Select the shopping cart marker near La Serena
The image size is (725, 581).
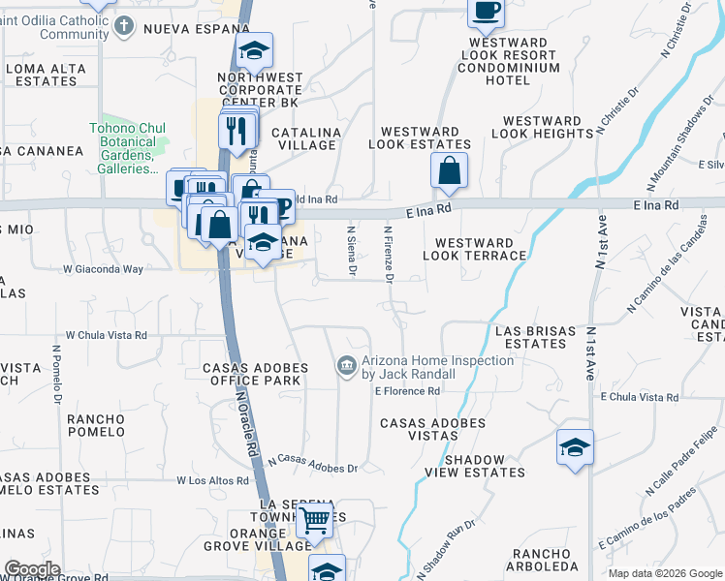point(315,520)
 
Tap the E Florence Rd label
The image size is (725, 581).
point(407,391)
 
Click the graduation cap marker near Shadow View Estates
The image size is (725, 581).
point(575,447)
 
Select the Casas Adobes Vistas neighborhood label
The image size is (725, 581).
point(432,430)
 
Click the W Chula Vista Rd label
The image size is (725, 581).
point(106,336)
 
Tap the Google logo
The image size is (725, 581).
point(32,569)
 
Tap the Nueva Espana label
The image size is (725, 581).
point(197,29)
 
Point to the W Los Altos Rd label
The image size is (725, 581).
point(214,480)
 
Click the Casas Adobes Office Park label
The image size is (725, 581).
point(252,374)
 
